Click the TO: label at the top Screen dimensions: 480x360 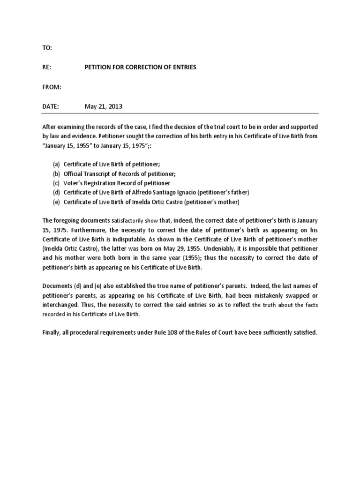pos(47,48)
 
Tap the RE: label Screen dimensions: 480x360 pos(47,67)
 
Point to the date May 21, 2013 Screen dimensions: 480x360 pos(103,106)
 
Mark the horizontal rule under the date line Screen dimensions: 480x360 pos(180,113)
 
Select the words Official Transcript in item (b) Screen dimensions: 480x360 pos(87,174)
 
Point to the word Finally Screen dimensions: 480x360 pos(52,332)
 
